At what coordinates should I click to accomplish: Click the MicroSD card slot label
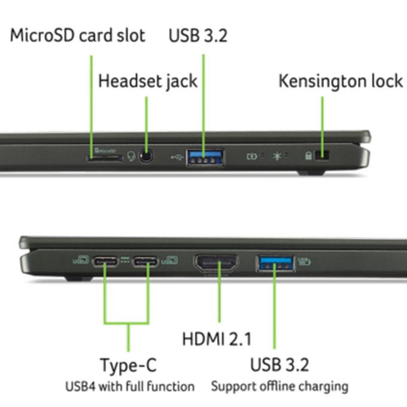[x=77, y=35]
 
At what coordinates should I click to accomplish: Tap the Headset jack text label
[x=147, y=80]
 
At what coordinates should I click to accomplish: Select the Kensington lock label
[x=341, y=80]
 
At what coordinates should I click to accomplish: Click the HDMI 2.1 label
[x=217, y=339]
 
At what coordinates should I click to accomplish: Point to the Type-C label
[x=129, y=365]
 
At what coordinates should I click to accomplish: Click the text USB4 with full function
[x=130, y=386]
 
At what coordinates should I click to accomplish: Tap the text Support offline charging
[x=279, y=386]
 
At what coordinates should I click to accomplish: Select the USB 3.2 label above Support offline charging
[x=280, y=364]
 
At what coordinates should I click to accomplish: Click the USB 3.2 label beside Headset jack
[x=198, y=35]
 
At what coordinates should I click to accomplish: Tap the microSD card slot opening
[x=105, y=158]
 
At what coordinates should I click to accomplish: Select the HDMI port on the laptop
[x=215, y=263]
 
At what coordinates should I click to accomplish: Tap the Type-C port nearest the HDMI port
[x=145, y=262]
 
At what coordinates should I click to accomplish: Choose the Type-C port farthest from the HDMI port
[x=105, y=262]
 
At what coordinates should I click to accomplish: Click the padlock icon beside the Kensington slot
[x=309, y=156]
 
